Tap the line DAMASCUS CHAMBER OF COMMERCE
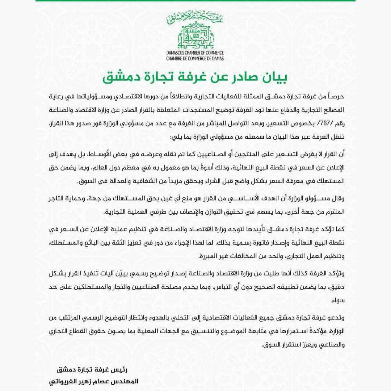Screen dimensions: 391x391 (195, 53)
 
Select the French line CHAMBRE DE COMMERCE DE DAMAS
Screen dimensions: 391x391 (195, 58)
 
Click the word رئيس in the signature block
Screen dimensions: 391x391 (117, 370)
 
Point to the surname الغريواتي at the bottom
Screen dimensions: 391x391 (63, 382)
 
